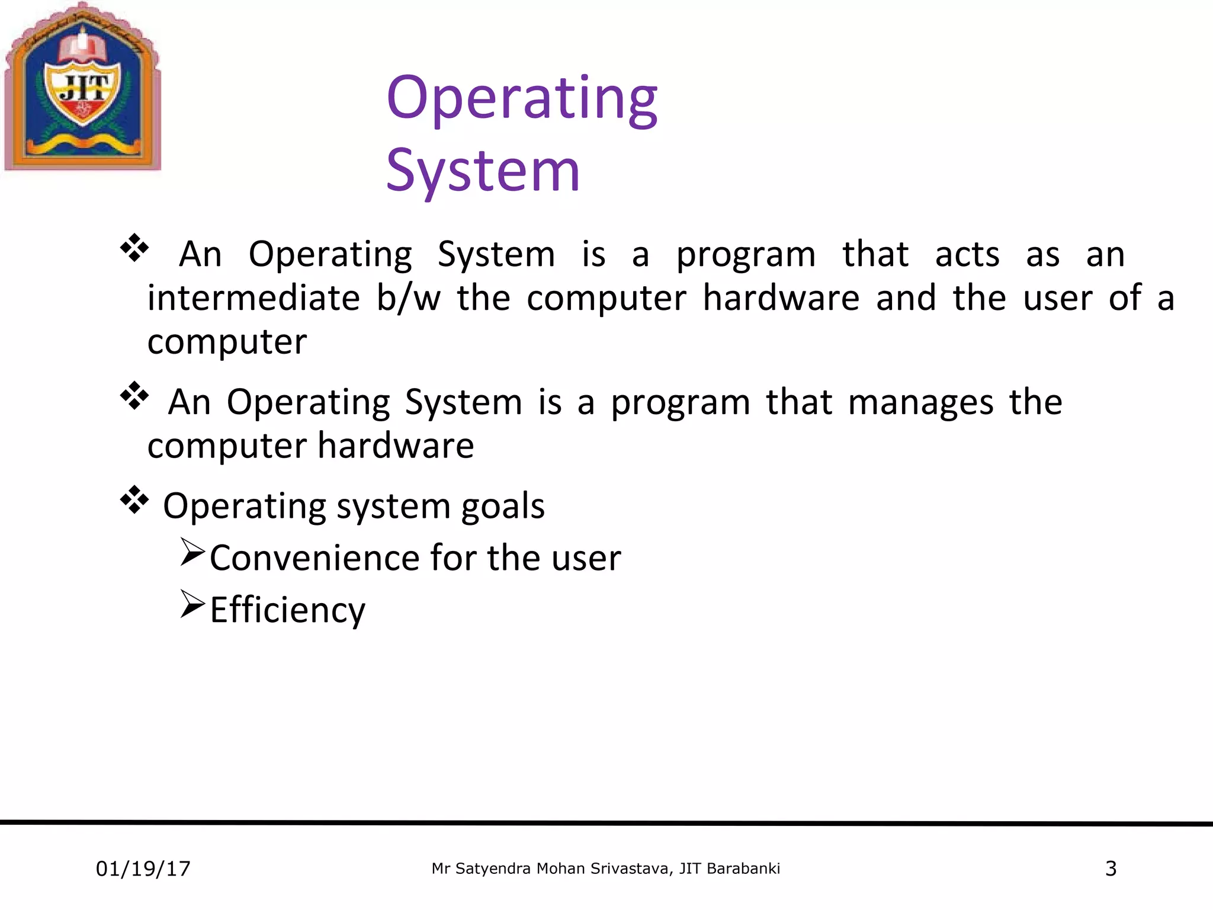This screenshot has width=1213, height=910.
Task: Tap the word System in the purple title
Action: (x=483, y=172)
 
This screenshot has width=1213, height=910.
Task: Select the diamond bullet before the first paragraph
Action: (x=134, y=248)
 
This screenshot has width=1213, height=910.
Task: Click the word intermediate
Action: (x=253, y=297)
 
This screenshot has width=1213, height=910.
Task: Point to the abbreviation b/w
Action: (x=409, y=297)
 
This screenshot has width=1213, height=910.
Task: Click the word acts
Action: (x=967, y=255)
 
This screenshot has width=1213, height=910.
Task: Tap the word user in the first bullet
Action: (x=1057, y=297)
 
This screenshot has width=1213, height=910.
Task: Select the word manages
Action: (x=920, y=403)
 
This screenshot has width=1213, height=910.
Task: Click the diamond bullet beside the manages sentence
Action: (x=134, y=396)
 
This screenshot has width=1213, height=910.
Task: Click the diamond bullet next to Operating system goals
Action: (x=134, y=499)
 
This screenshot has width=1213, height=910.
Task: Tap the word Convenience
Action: (x=315, y=558)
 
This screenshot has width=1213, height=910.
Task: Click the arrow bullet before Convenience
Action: (x=192, y=552)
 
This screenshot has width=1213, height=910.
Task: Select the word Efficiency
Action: (x=288, y=610)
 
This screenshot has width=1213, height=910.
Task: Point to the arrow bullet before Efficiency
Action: (x=192, y=604)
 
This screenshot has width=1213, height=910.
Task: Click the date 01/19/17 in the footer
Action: (x=143, y=869)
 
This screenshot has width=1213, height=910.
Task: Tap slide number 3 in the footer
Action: (x=1111, y=869)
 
